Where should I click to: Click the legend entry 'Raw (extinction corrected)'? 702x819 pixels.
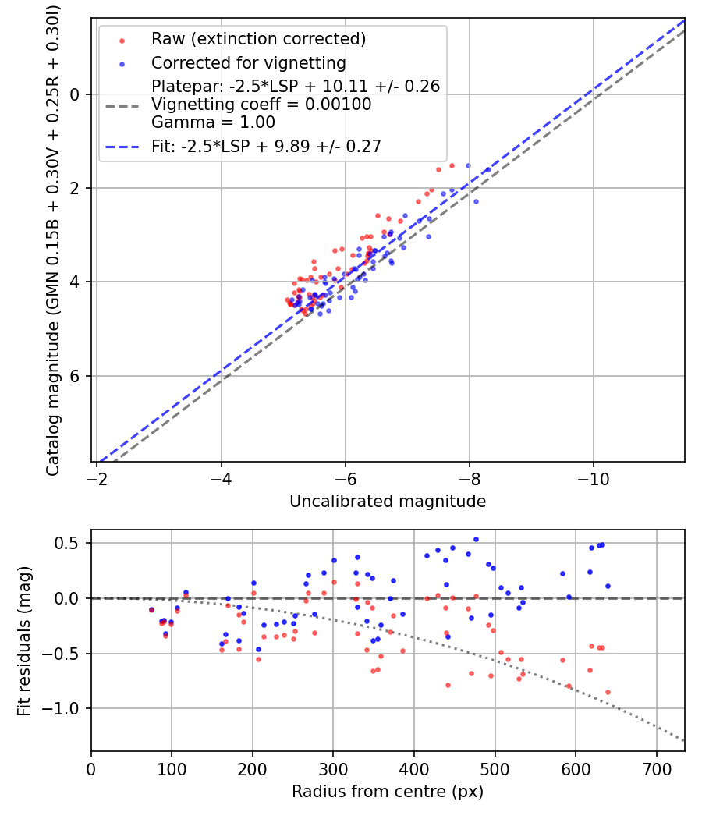pos(258,39)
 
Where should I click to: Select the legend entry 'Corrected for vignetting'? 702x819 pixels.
pos(248,62)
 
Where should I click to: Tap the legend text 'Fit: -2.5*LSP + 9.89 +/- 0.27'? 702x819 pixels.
pos(266,147)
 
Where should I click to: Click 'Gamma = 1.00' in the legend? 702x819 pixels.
pos(213,122)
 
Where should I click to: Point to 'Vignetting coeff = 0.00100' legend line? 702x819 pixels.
pos(261,105)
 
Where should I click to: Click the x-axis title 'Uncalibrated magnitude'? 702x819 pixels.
pos(388,502)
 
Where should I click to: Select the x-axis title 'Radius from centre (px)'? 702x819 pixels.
pos(388,792)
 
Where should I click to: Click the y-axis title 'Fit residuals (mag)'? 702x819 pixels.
pos(24,641)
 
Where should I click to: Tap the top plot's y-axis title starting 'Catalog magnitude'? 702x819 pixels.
pos(53,239)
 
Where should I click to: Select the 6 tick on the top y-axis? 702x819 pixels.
pos(76,376)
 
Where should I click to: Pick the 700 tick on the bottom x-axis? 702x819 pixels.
pos(656,767)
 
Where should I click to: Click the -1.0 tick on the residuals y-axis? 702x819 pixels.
pos(66,708)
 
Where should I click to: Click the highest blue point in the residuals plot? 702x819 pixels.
pos(476,539)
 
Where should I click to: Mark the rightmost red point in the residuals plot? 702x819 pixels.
pos(608,692)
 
